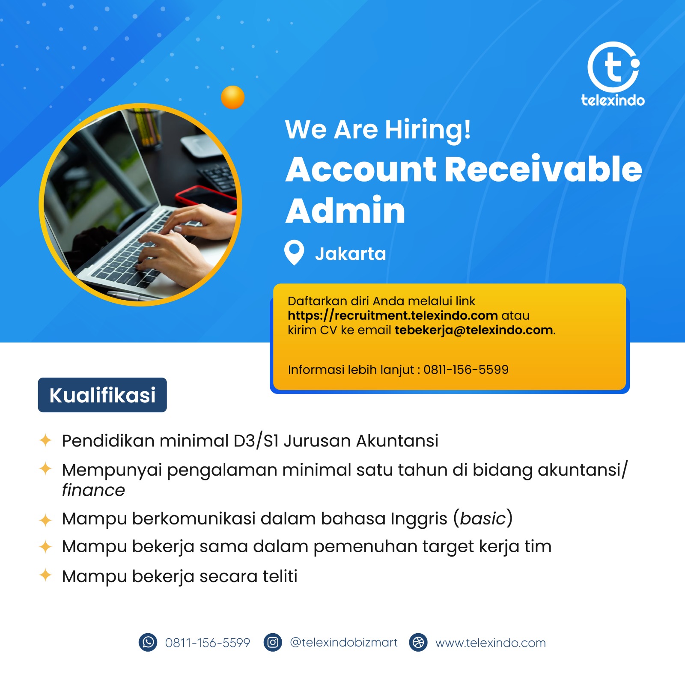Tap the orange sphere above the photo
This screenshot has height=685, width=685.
point(232,97)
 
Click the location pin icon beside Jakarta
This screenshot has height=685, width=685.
point(294,253)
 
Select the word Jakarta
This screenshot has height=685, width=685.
point(351,253)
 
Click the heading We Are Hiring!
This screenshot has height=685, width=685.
point(378,130)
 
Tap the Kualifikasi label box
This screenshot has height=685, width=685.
point(102,395)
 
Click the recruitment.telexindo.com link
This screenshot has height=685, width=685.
point(393,316)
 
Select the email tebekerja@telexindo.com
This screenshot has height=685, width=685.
point(474,330)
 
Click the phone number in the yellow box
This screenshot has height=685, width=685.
point(466,369)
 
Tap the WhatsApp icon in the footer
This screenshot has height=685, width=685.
point(148,642)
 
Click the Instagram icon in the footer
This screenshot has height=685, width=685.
point(273,642)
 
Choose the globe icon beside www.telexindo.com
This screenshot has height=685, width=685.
point(418,642)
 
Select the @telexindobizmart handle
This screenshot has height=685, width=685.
point(344,642)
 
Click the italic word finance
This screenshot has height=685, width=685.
point(93,490)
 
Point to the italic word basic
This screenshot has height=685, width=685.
point(483,518)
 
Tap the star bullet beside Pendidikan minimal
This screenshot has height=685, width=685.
point(45,440)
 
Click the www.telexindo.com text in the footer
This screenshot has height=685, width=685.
point(491,643)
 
